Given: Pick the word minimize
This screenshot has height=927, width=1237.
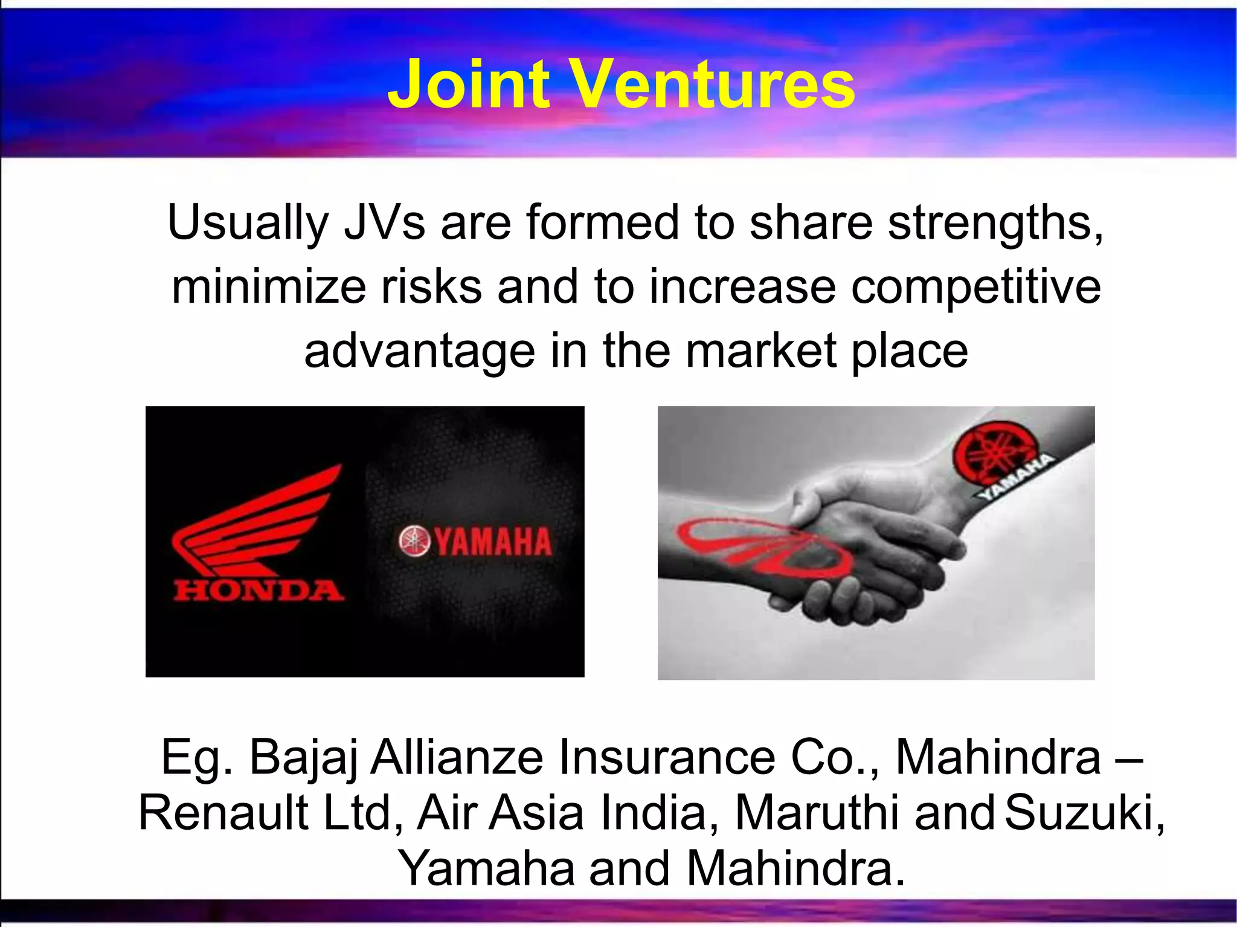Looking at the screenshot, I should pyautogui.click(x=268, y=286).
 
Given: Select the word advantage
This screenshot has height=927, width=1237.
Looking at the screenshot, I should pyautogui.click(x=419, y=352).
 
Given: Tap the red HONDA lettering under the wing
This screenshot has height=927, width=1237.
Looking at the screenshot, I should pyautogui.click(x=259, y=590).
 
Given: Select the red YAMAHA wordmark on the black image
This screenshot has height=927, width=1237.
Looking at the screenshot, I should pyautogui.click(x=493, y=541).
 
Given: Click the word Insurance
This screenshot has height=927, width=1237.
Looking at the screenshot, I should pyautogui.click(x=667, y=757).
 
